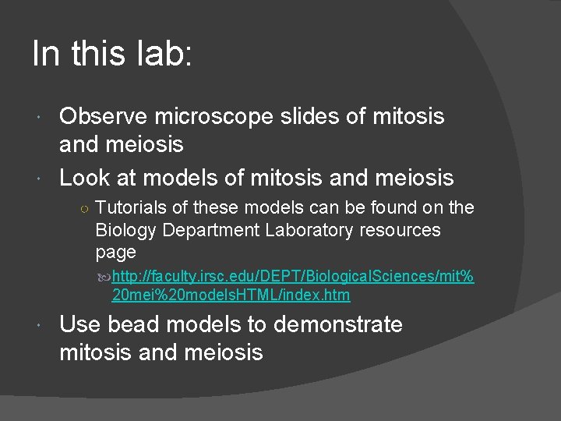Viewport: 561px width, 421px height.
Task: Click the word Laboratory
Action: [x=304, y=230]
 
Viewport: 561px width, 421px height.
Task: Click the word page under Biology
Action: [x=115, y=253]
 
